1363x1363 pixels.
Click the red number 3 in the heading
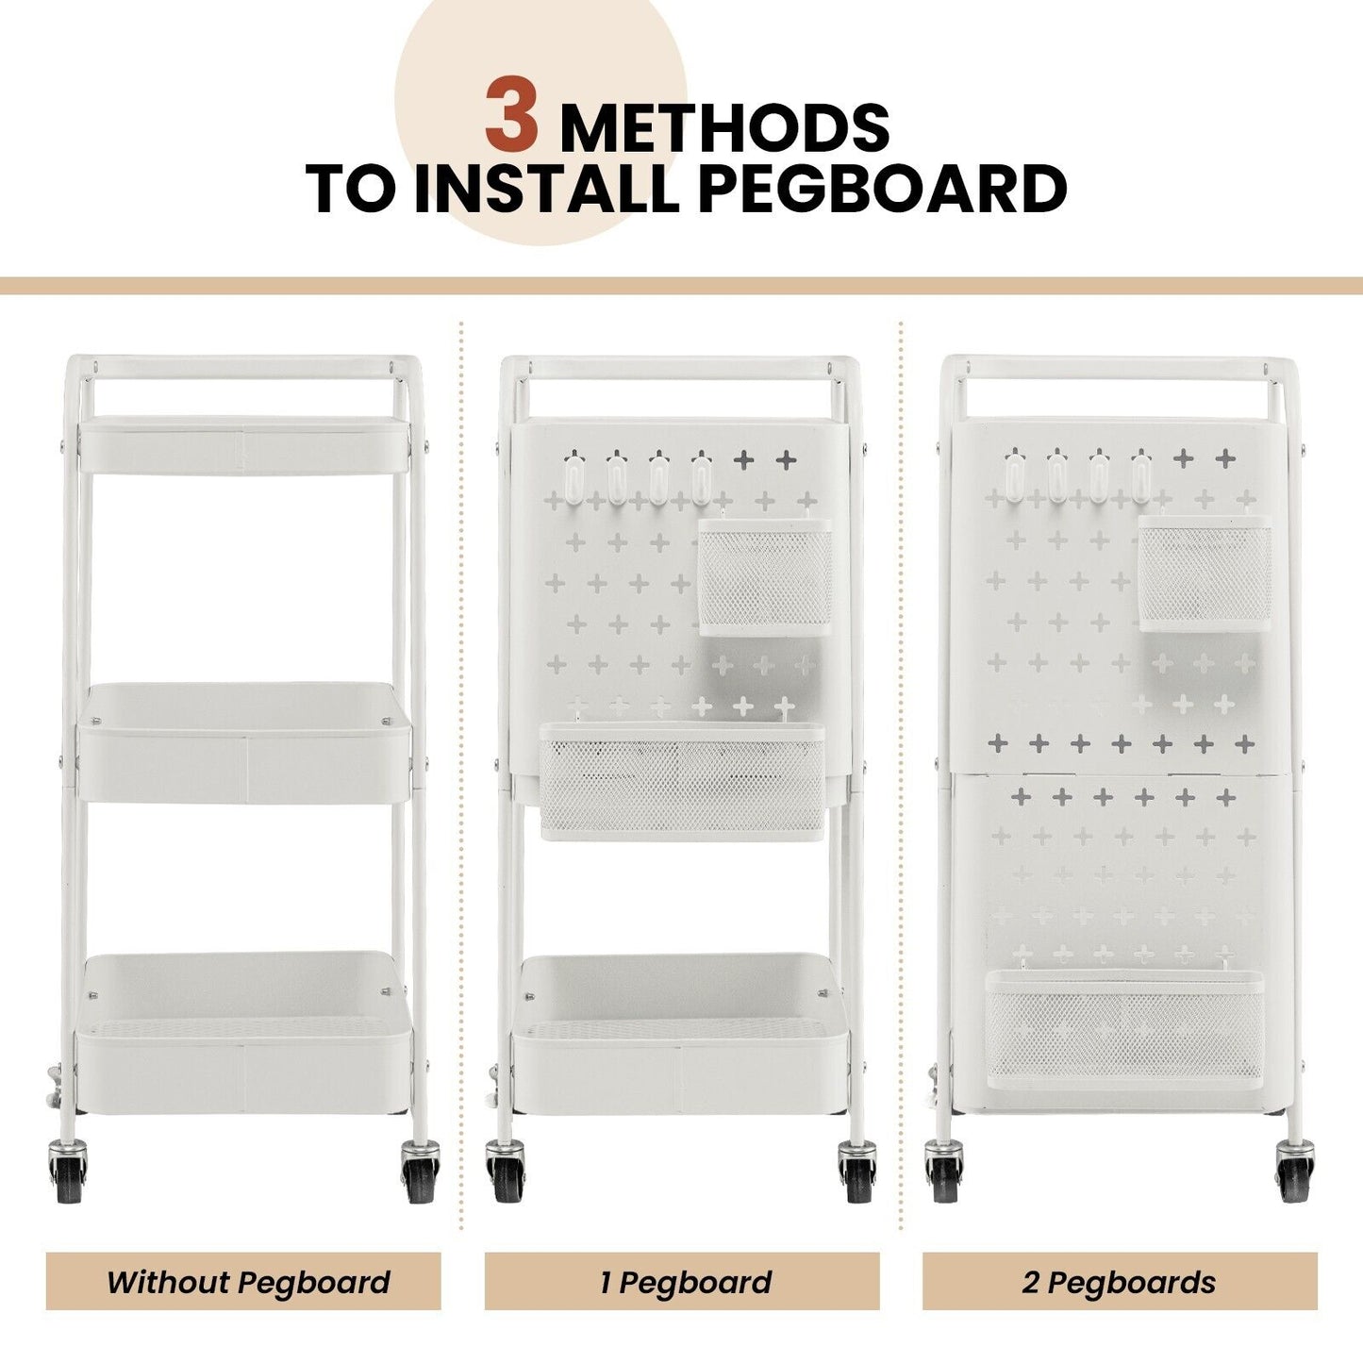click(512, 118)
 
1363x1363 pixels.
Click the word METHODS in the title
click(724, 128)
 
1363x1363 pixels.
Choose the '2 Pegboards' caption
click(1120, 1282)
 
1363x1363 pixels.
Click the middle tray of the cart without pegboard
click(244, 745)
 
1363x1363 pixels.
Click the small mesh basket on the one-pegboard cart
click(765, 577)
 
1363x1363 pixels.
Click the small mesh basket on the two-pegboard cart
click(1205, 573)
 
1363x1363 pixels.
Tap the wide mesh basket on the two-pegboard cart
click(1124, 1028)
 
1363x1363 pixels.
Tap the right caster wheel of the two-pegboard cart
click(1295, 1172)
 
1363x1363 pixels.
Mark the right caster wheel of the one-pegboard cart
click(857, 1172)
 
